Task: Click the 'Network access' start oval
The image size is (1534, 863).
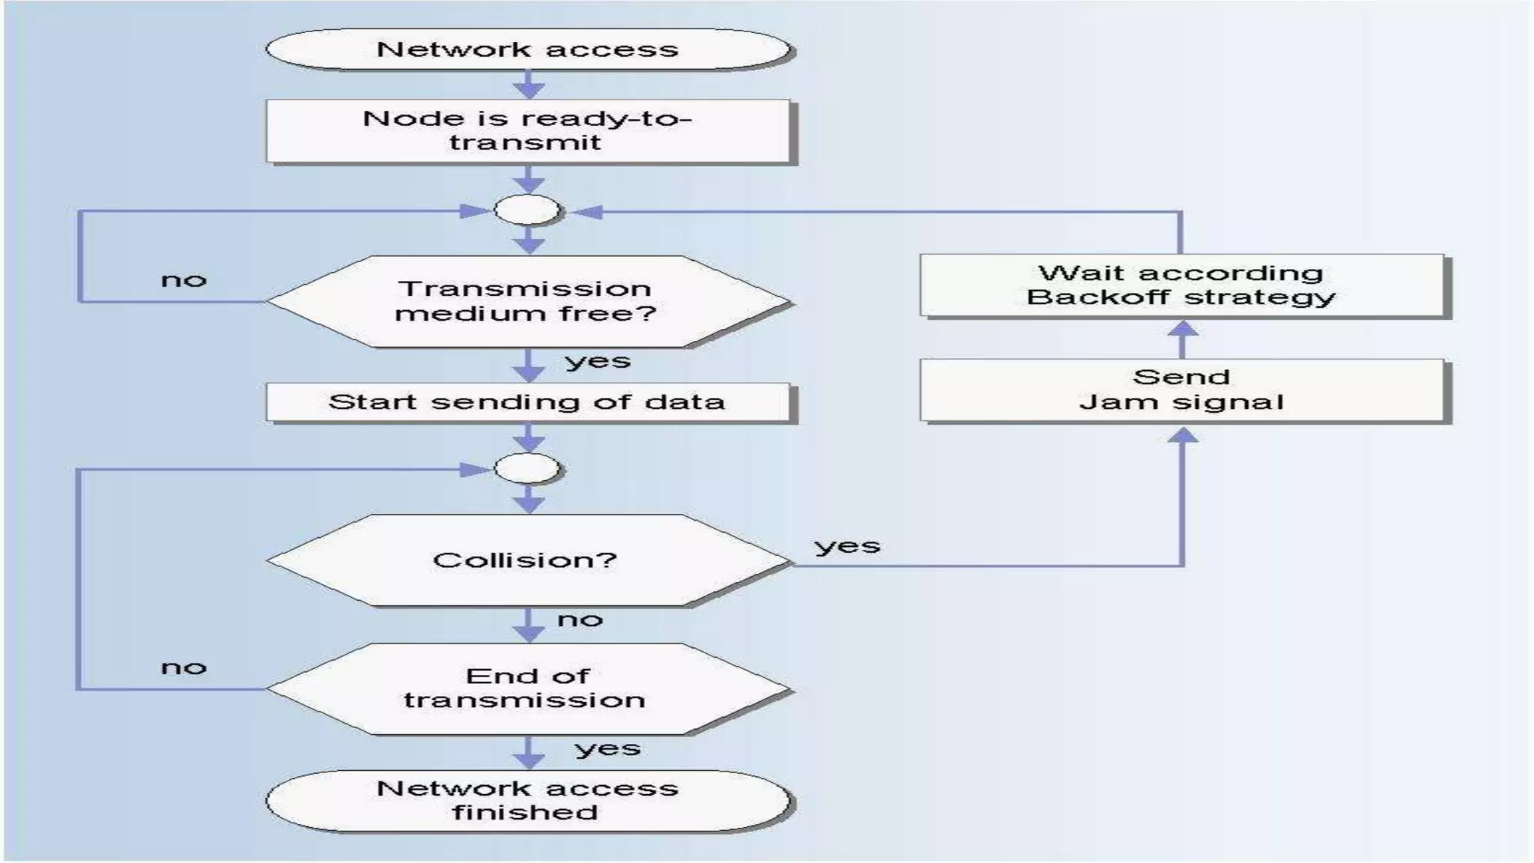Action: pyautogui.click(x=528, y=49)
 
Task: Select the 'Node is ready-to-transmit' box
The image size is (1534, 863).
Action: pyautogui.click(x=528, y=130)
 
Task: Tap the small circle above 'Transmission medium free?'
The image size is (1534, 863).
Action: pyautogui.click(x=527, y=211)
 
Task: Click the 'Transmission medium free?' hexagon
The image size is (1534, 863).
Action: pyautogui.click(x=527, y=301)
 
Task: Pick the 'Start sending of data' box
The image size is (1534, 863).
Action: pyautogui.click(x=527, y=402)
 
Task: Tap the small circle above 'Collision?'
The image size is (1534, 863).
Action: pyautogui.click(x=527, y=469)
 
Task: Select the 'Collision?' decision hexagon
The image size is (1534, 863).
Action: pyautogui.click(x=527, y=560)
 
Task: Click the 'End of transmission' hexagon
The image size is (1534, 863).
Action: pyautogui.click(x=527, y=688)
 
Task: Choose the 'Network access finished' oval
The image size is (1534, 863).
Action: pyautogui.click(x=527, y=800)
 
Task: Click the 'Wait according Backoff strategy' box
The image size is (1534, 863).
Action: pyautogui.click(x=1182, y=285)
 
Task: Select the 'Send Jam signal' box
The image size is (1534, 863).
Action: pyautogui.click(x=1182, y=390)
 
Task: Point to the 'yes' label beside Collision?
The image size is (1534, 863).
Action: pyautogui.click(x=847, y=546)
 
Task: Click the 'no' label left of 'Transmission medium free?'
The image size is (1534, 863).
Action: pyautogui.click(x=184, y=281)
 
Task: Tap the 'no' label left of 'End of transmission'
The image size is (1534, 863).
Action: pyautogui.click(x=184, y=667)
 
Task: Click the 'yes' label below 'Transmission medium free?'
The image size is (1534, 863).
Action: pyautogui.click(x=598, y=362)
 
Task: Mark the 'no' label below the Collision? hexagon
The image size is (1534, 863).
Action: pyautogui.click(x=580, y=620)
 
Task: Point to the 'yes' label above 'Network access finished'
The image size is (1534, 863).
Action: pyautogui.click(x=607, y=749)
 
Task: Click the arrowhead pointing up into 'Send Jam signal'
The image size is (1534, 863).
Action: pyautogui.click(x=1183, y=435)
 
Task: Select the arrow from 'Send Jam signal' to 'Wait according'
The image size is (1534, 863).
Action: pyautogui.click(x=1183, y=339)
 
